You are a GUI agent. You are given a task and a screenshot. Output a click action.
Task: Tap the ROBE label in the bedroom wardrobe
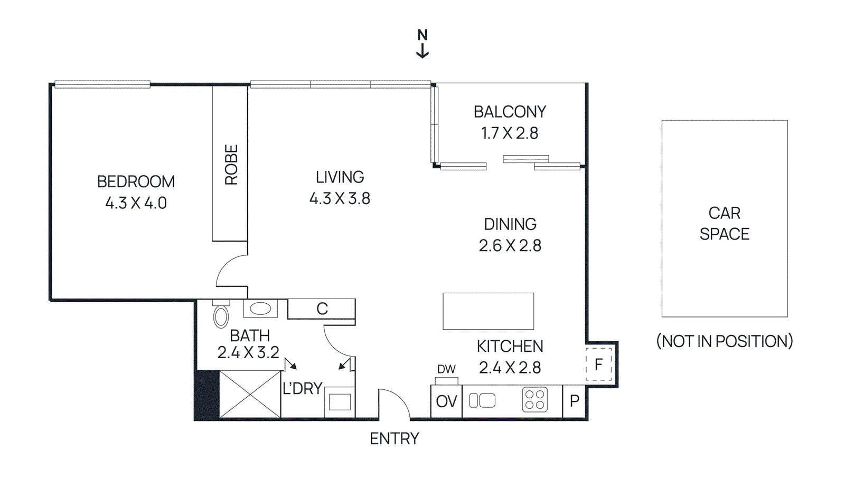click(x=231, y=165)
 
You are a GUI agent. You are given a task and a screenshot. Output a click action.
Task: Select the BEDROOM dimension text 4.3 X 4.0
click(x=136, y=203)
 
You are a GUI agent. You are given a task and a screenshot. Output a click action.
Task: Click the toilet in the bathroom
click(x=221, y=316)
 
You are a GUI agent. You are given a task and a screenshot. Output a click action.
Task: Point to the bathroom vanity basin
click(x=260, y=309)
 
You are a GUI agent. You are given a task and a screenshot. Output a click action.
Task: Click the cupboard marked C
click(x=322, y=309)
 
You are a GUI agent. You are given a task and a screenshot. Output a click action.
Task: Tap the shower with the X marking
click(x=249, y=394)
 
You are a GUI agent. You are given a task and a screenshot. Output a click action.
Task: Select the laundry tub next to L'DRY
click(x=339, y=402)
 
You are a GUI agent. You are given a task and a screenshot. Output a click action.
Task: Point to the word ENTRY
click(x=394, y=439)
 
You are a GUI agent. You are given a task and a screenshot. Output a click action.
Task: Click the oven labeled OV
click(x=446, y=402)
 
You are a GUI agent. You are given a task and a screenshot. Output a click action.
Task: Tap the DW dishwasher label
click(x=446, y=369)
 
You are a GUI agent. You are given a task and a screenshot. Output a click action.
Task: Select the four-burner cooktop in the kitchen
click(x=534, y=400)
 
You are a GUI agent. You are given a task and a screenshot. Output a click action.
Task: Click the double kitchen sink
click(x=482, y=401)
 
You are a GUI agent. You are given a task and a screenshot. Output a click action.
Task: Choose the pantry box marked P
click(x=575, y=401)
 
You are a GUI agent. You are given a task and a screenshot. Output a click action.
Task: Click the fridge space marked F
click(x=598, y=364)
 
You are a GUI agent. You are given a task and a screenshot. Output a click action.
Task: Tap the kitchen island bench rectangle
click(x=488, y=311)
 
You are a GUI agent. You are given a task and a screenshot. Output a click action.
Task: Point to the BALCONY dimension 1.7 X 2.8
click(x=510, y=133)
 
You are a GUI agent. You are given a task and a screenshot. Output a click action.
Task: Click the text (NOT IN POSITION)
click(x=724, y=341)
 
